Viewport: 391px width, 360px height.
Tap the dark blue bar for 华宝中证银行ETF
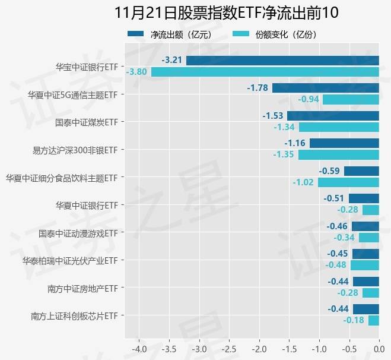point(282,60)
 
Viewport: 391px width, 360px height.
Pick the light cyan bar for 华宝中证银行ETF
point(265,72)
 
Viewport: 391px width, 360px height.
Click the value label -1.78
point(258,88)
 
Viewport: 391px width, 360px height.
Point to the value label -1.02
point(303,182)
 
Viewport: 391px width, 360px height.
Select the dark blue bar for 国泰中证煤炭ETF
point(333,115)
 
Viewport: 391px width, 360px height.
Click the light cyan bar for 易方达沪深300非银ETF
point(338,154)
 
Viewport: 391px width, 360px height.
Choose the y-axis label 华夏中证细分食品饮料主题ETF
point(62,177)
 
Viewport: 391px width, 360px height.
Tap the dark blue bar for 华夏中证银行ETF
point(364,198)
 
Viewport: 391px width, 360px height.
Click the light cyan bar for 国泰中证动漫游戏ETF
point(368,238)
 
